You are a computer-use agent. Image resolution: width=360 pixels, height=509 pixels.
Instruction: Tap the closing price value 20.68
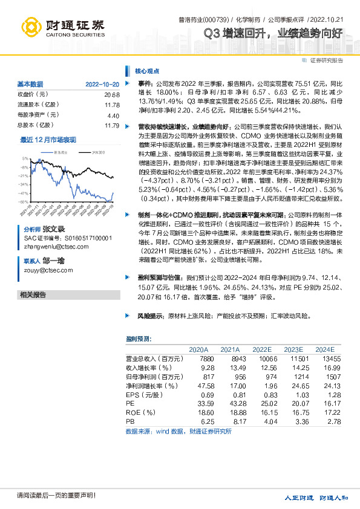[113, 94]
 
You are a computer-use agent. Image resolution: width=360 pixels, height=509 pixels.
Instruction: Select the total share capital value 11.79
[113, 125]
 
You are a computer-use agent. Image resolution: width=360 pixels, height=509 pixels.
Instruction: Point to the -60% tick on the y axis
[24, 202]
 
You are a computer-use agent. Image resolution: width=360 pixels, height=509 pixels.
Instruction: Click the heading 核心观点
[146, 70]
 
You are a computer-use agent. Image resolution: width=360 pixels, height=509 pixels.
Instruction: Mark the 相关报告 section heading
[33, 294]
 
